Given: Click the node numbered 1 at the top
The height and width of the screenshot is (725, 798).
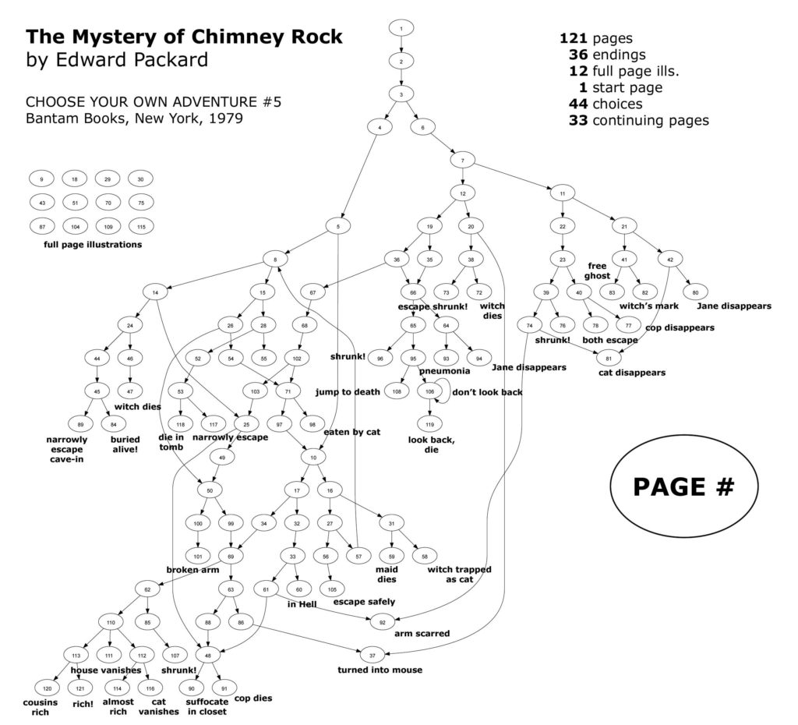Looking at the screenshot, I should (401, 29).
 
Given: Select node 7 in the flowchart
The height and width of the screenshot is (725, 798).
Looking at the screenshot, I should (462, 161).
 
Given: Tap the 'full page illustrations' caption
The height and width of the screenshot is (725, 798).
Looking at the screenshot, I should (93, 245).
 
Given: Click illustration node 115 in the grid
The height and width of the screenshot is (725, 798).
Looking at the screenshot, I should (140, 226).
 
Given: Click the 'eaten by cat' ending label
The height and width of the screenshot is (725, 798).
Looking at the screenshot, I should (351, 431).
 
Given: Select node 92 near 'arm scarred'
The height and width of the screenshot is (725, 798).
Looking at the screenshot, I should (382, 621).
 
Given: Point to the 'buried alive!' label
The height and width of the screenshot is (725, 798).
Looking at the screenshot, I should (124, 444).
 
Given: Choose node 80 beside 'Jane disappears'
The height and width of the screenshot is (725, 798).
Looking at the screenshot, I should (695, 292).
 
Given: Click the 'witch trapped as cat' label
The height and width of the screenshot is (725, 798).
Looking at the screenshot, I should (459, 575).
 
